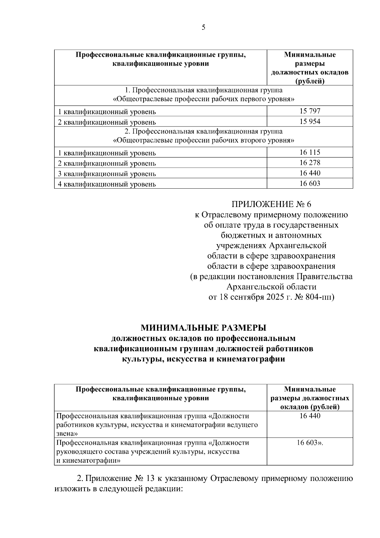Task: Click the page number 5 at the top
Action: click(203, 27)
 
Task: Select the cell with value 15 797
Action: click(310, 111)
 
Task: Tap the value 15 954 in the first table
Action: click(310, 121)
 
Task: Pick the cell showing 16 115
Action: click(310, 152)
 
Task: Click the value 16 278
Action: click(310, 163)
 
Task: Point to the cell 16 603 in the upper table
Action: click(310, 183)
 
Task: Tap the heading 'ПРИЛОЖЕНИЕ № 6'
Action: click(271, 204)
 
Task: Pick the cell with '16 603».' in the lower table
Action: click(310, 443)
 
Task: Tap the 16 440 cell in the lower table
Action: click(310, 416)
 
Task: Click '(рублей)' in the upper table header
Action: click(310, 81)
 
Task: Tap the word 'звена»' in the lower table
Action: click(66, 433)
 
